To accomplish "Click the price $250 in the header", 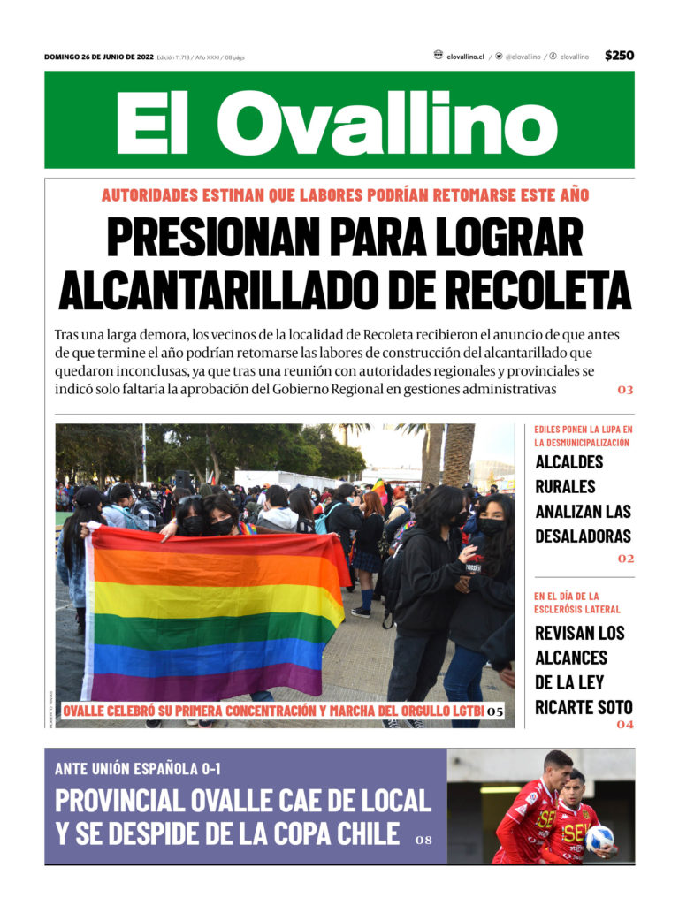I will pyautogui.click(x=619, y=56).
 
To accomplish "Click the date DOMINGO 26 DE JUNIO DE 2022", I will pyautogui.click(x=99, y=57).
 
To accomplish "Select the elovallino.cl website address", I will pyautogui.click(x=465, y=57).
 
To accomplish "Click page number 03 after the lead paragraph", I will pyautogui.click(x=625, y=390).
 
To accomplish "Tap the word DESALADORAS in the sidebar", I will pyautogui.click(x=583, y=536).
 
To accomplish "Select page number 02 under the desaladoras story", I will pyautogui.click(x=626, y=559).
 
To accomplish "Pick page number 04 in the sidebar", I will pyautogui.click(x=625, y=725).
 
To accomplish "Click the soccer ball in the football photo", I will pyautogui.click(x=599, y=838).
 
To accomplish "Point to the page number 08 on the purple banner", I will pyautogui.click(x=423, y=840).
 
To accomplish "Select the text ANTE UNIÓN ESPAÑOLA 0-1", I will pyautogui.click(x=137, y=769).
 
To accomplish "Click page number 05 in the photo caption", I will pyautogui.click(x=495, y=711).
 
